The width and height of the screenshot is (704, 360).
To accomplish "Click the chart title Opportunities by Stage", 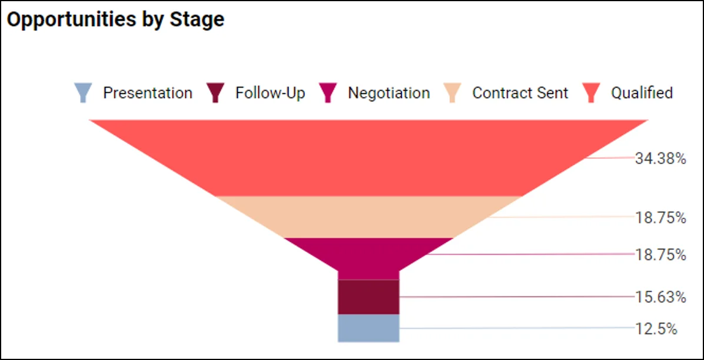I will coord(115,19).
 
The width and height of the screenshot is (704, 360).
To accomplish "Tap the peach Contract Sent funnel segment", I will coord(368,216).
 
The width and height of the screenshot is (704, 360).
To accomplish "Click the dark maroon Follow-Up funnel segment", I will coord(368,296).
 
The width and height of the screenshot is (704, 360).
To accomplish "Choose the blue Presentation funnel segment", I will coord(368,328).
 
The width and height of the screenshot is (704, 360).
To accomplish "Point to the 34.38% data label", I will coord(660,158).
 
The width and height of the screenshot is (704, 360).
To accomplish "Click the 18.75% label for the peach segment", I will coord(660,218).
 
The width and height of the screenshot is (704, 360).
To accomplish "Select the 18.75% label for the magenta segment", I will coord(660,255).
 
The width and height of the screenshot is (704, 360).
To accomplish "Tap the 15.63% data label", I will coord(660,298).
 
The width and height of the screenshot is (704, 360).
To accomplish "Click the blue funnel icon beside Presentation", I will coord(83,93).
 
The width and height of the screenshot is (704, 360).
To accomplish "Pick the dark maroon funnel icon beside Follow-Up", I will coord(216,93).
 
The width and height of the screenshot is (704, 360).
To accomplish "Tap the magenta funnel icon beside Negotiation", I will coord(328,93).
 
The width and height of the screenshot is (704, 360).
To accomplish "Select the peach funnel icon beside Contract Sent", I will coord(452,93).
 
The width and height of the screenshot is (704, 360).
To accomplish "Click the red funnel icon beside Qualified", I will coord(591,93).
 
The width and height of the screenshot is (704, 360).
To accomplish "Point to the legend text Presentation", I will coord(147,93).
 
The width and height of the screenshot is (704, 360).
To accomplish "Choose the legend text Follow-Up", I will coord(270,93).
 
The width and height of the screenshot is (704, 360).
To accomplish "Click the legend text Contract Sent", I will coord(520,93).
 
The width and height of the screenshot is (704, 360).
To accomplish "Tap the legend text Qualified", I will coord(642,93).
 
